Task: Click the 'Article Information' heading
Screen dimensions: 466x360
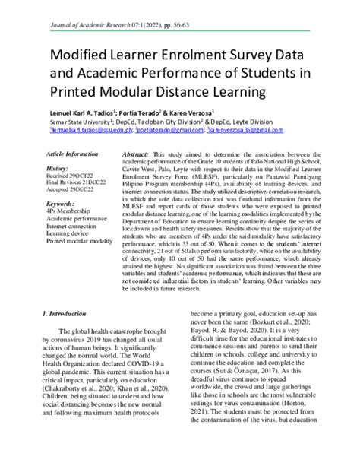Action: (76, 154)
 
